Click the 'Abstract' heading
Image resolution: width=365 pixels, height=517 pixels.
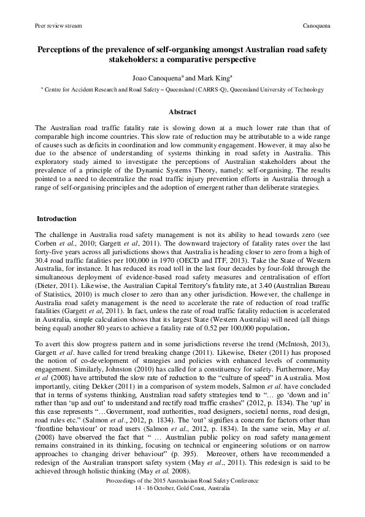[182, 112]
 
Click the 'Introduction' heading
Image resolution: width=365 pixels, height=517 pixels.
[56, 219]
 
